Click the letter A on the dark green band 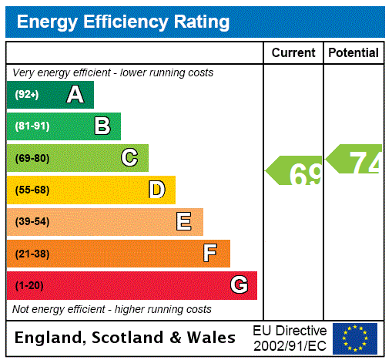75,95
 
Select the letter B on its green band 102,126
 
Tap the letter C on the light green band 129,158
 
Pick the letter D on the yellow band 156,190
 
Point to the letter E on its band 184,222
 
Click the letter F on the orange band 210,254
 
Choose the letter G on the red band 239,285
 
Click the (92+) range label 27,95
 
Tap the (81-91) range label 32,126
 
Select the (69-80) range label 32,158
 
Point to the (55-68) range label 32,190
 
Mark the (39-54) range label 32,222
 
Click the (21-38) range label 32,254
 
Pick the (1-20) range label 29,286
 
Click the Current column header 293,53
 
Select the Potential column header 353,53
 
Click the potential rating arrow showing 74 354,160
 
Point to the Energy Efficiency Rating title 123,22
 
